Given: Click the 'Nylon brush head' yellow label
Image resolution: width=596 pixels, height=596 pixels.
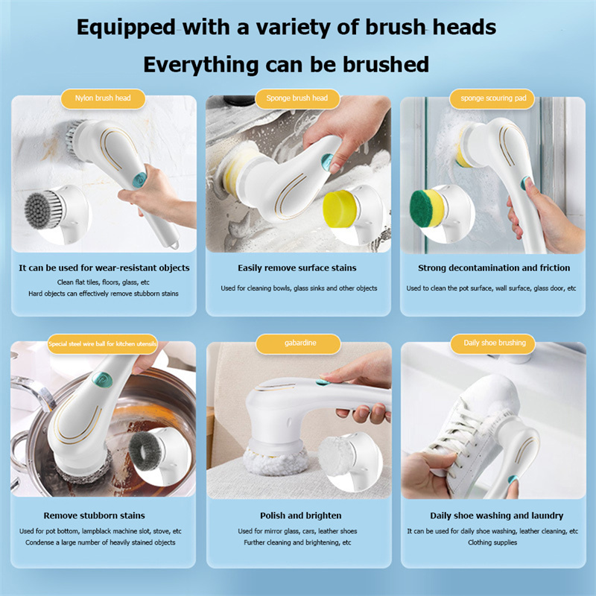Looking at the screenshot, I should (x=103, y=98).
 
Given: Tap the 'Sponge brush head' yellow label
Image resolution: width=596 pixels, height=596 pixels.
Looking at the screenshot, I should (x=297, y=98).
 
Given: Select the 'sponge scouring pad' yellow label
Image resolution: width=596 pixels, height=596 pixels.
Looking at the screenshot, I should (x=492, y=98).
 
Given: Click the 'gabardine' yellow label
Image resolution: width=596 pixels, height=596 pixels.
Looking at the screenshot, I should (x=298, y=343).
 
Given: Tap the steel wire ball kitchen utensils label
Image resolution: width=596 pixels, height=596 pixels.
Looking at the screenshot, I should (x=103, y=343).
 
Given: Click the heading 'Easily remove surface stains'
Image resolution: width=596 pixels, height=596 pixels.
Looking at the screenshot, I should (x=297, y=267).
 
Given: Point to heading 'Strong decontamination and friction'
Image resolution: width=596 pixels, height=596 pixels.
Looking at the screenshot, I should (x=494, y=267).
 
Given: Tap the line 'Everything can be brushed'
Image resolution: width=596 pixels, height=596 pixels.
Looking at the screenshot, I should (x=286, y=64).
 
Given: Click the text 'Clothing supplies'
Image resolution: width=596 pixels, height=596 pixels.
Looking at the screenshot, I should (x=492, y=542).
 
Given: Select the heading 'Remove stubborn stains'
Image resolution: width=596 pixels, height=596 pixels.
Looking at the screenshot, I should (x=95, y=516).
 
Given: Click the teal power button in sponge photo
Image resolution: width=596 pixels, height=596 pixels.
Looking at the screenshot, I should (x=325, y=162).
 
